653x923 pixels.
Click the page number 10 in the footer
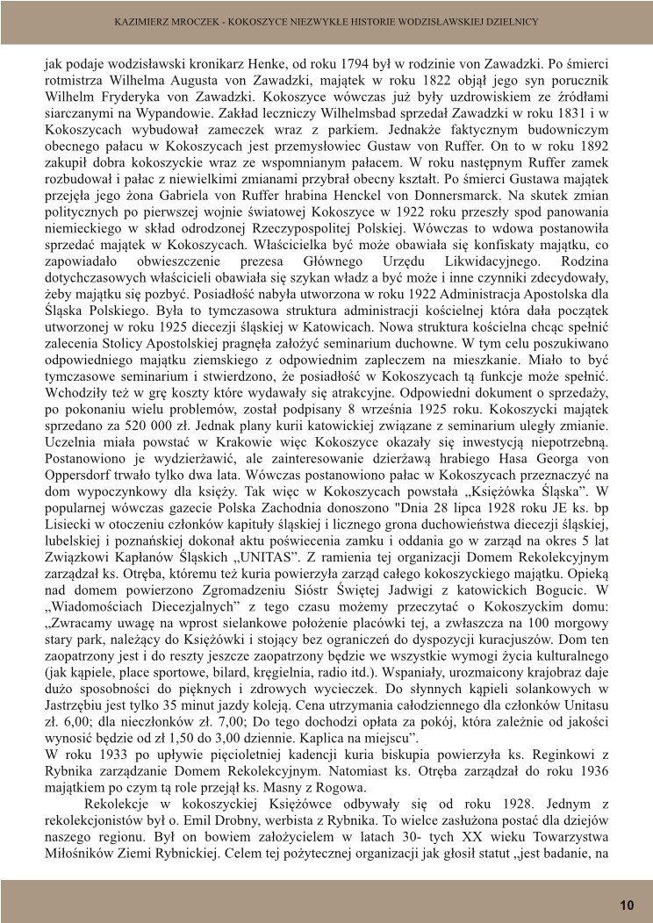(x=626, y=905)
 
